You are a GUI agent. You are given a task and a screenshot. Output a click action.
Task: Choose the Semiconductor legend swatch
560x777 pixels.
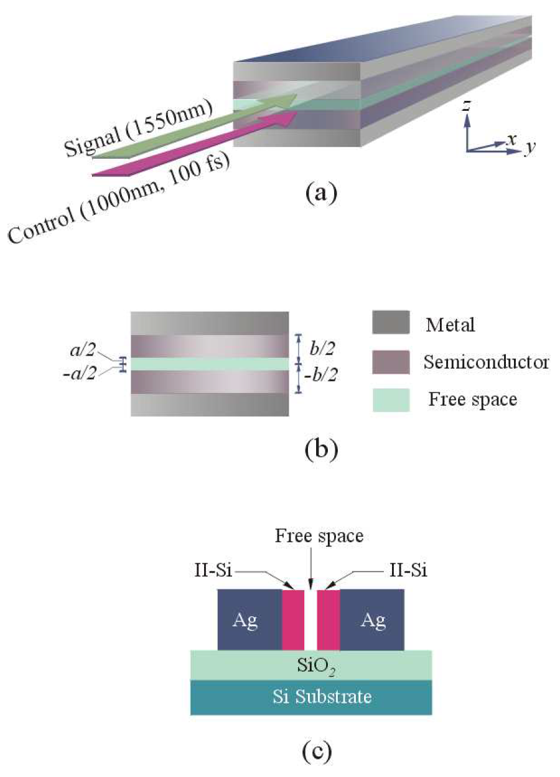(x=390, y=362)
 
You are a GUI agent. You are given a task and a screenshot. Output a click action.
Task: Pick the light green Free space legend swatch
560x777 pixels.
(x=390, y=400)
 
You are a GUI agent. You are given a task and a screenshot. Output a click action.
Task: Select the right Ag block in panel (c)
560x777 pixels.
(x=373, y=620)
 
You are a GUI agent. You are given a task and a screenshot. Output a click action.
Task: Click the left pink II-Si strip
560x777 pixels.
(x=293, y=620)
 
